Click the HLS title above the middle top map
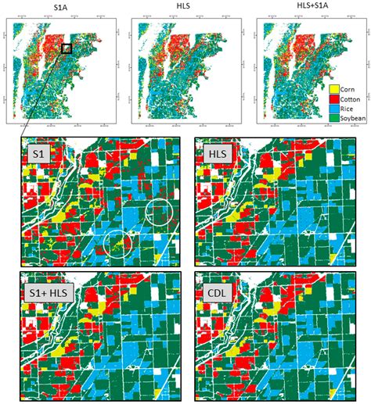(x=185, y=9)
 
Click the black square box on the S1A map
(x=67, y=48)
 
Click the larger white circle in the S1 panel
(x=160, y=212)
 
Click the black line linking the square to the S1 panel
(x=43, y=93)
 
